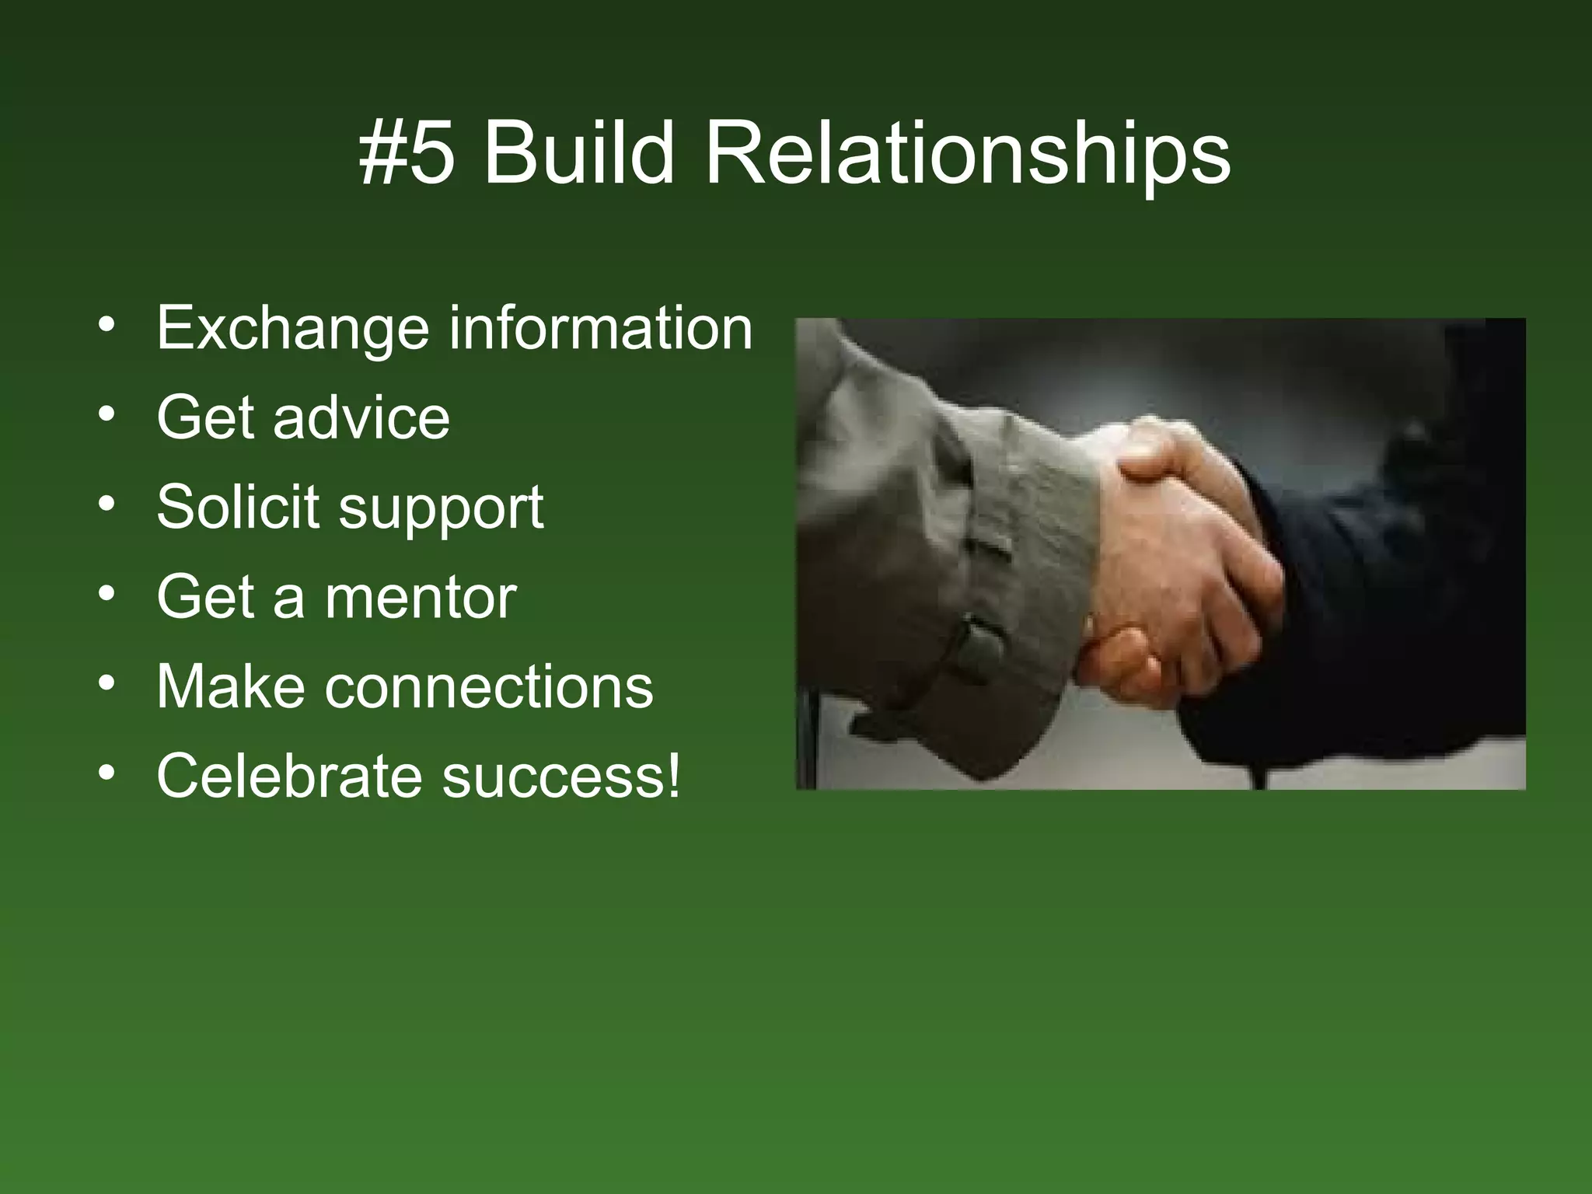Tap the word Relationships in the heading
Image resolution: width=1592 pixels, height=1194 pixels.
click(x=967, y=155)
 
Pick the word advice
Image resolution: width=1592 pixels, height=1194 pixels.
click(x=361, y=417)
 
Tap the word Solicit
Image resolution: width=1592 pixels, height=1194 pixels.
click(x=238, y=507)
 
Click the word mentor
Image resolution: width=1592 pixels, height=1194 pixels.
click(x=421, y=597)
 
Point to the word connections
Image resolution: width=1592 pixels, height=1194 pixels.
click(x=489, y=687)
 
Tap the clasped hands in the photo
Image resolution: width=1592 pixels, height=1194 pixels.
click(x=1174, y=560)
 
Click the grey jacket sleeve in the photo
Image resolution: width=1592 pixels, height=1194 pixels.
click(x=933, y=544)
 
